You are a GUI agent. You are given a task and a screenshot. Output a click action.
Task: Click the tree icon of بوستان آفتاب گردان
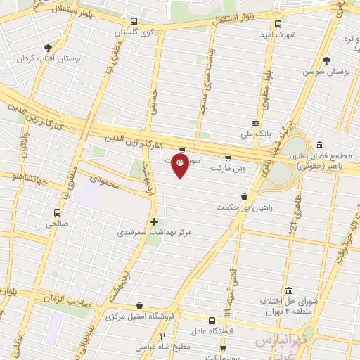click(x=47, y=48)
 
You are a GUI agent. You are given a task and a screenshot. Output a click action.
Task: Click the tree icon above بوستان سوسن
click(x=332, y=60)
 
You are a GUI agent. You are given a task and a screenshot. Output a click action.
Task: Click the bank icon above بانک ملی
click(x=256, y=122)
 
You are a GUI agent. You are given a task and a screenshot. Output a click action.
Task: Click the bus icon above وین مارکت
click(x=226, y=158)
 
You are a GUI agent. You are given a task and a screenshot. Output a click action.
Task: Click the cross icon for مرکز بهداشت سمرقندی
click(x=155, y=221)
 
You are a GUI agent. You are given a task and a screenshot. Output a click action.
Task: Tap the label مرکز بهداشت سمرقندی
click(x=155, y=232)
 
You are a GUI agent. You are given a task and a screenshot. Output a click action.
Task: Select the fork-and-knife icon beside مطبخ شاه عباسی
click(x=162, y=336)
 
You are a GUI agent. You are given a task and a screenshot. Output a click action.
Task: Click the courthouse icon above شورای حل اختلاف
click(x=288, y=290)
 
